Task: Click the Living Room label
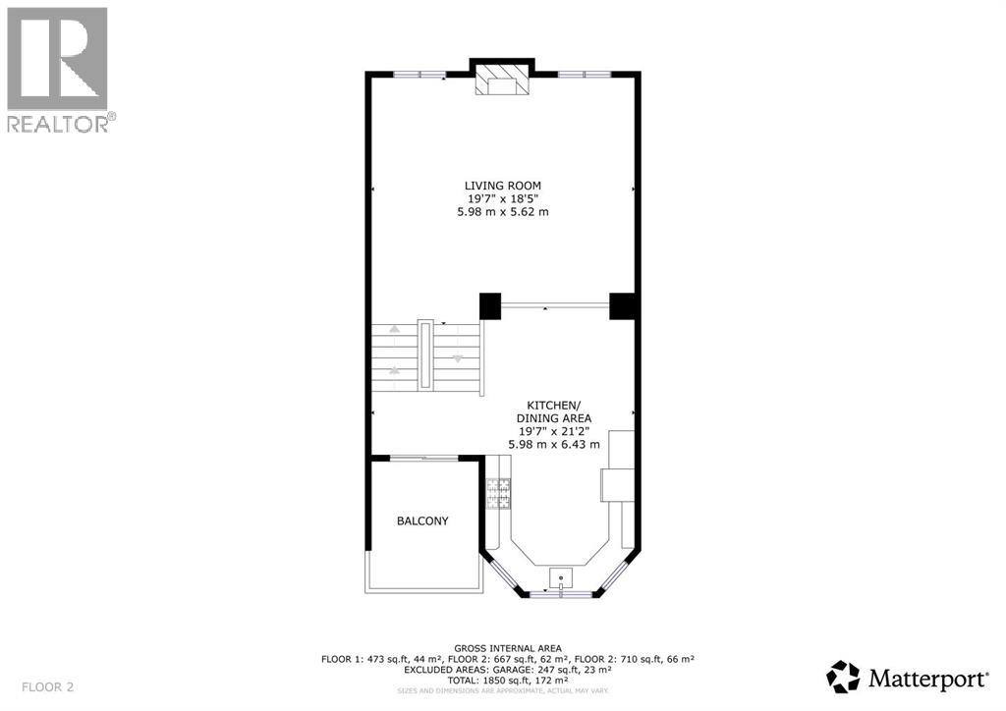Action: (502, 185)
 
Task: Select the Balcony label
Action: (422, 520)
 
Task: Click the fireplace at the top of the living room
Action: (502, 80)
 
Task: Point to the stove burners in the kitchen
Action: (497, 493)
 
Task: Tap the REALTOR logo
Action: (59, 69)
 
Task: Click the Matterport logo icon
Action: (844, 677)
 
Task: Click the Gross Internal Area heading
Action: (508, 648)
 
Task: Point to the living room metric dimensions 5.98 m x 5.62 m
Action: (502, 212)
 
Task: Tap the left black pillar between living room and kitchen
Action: (490, 306)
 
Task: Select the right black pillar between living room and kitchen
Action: (623, 306)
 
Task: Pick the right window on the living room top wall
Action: (585, 74)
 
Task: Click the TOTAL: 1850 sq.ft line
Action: (508, 680)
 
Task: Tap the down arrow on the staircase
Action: (458, 358)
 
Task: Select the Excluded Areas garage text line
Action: (508, 669)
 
